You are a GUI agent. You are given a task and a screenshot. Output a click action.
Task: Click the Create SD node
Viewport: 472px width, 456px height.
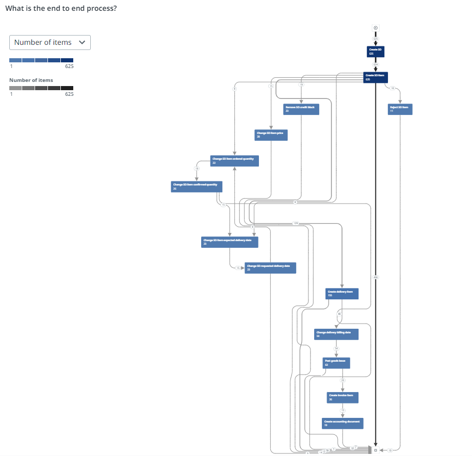point(376,50)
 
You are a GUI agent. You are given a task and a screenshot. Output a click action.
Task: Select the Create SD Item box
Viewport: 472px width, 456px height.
point(376,77)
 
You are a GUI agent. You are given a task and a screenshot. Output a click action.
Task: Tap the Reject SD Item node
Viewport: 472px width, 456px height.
point(400,109)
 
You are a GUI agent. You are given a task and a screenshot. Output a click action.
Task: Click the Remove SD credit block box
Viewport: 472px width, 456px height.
point(301,109)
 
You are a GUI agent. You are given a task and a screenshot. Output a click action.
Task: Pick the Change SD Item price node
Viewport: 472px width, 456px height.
point(271,135)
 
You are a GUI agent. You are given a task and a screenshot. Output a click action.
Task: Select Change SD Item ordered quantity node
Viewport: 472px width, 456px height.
point(234,161)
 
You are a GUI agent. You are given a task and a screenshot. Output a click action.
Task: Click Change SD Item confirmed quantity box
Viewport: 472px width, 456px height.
point(197,186)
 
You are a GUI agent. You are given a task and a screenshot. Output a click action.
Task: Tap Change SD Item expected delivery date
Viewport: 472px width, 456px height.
point(230,242)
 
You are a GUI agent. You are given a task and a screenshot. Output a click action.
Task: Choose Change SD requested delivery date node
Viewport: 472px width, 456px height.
point(270,268)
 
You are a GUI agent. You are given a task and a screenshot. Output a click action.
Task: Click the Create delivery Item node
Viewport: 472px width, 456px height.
point(341,293)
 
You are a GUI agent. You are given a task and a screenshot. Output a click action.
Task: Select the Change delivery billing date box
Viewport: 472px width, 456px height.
point(336,334)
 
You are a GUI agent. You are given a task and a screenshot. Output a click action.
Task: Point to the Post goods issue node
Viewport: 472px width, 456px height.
point(336,363)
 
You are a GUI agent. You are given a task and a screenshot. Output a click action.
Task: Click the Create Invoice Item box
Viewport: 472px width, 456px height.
point(341,397)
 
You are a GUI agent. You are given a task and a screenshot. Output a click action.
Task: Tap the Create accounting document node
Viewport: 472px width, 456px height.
point(343,423)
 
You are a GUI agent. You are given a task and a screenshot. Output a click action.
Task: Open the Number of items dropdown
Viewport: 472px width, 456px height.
point(50,42)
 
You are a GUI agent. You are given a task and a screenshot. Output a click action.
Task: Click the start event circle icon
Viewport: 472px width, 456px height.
point(376,28)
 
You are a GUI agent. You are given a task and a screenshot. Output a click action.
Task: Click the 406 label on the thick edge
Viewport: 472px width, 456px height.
point(376,277)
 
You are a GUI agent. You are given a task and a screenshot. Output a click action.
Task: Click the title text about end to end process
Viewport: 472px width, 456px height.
point(61,9)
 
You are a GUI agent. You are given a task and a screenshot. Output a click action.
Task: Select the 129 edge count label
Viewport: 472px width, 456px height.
point(296,223)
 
